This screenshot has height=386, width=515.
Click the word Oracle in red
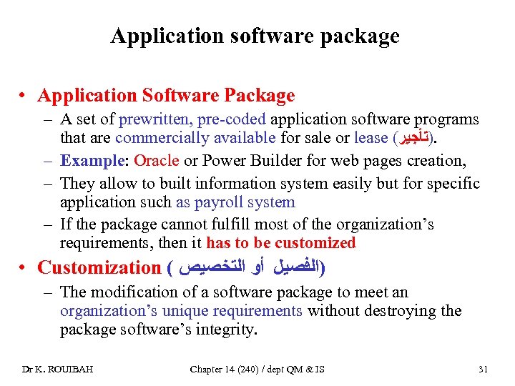pos(157,160)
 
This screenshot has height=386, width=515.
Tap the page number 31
pos(483,369)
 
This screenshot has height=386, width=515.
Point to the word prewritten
pos(149,119)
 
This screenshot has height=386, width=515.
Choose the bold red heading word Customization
pos(99,268)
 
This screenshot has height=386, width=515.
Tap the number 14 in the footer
pos(235,369)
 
